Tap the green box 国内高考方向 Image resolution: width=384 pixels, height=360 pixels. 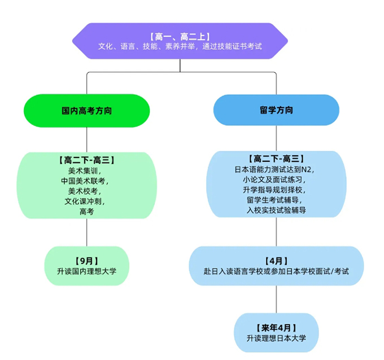click(86, 111)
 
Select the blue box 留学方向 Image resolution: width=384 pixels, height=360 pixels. click(276, 111)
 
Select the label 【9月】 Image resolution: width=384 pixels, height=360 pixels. click(86, 261)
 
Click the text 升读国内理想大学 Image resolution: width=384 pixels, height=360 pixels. click(86, 271)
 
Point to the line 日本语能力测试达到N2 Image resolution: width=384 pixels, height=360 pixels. click(276, 169)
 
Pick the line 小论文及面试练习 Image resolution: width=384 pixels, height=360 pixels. click(276, 179)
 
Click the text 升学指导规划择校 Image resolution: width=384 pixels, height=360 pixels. click(276, 190)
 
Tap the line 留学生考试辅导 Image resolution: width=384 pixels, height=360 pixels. click(276, 200)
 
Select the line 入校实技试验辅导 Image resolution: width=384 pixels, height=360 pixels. click(276, 210)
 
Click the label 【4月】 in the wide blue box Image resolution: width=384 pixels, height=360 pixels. click(276, 261)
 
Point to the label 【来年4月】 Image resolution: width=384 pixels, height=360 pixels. click(276, 327)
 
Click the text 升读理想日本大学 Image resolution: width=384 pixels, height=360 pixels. click(276, 338)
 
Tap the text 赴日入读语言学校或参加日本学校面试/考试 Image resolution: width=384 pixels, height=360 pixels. click(276, 271)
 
